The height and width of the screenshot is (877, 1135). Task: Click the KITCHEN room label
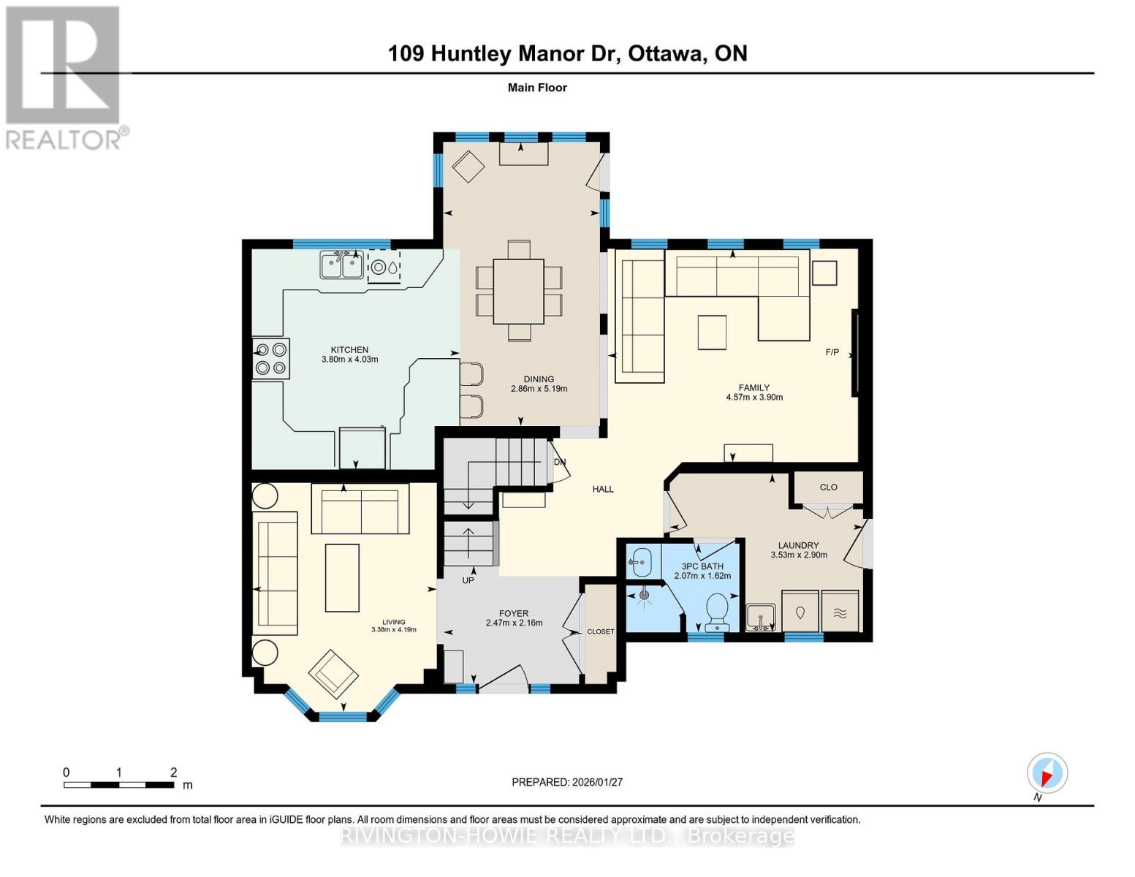[x=349, y=349]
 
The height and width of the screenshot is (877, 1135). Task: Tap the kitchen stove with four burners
[x=270, y=359]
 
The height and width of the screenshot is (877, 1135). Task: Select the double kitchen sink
[x=342, y=265]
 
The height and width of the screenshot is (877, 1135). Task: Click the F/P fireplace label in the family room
[x=832, y=352]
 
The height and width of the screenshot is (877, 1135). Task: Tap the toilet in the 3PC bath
[x=716, y=611]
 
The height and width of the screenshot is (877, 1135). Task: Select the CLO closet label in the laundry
[x=828, y=487]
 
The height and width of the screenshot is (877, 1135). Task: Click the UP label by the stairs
[x=468, y=580]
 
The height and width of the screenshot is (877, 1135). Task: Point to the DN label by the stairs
[x=560, y=462]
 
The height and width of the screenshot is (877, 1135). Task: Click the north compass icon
[x=1047, y=773]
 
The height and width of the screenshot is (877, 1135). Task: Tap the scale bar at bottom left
[x=118, y=785]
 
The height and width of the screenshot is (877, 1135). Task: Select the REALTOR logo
[x=64, y=77]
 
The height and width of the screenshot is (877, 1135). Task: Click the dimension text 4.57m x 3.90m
[x=754, y=398]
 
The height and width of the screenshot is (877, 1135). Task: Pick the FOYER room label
[x=514, y=614]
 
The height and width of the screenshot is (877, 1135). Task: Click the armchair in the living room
[x=333, y=672]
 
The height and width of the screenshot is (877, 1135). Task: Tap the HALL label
[x=603, y=489]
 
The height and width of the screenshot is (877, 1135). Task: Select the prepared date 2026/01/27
[x=567, y=782]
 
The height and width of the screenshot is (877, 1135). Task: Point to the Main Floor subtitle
[x=537, y=88]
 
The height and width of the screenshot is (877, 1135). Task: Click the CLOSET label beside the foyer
[x=601, y=631]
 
